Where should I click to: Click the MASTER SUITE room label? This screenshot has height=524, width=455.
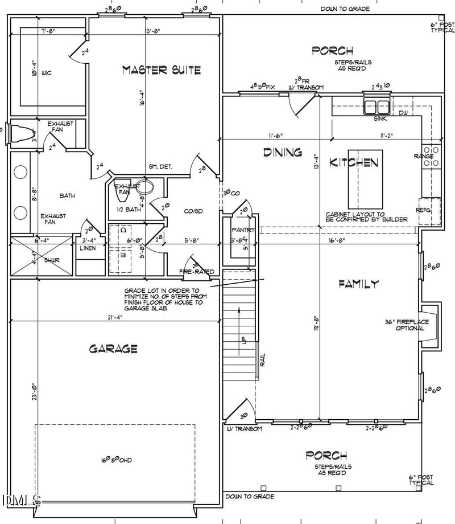click(x=162, y=70)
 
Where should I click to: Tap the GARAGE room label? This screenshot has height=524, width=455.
click(x=113, y=349)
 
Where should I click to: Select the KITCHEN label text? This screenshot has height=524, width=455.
click(x=355, y=163)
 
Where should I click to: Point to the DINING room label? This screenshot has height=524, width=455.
click(x=282, y=152)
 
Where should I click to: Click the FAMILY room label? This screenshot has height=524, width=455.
click(x=358, y=284)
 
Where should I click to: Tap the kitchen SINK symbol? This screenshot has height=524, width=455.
click(x=376, y=107)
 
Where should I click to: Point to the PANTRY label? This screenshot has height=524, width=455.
click(x=243, y=230)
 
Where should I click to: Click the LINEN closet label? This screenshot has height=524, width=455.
click(x=88, y=248)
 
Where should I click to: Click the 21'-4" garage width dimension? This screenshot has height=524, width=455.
click(x=113, y=317)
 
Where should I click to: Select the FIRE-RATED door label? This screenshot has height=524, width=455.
click(x=197, y=272)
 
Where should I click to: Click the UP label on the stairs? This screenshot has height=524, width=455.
click(x=243, y=341)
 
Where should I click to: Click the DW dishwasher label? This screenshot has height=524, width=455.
click(x=403, y=113)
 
